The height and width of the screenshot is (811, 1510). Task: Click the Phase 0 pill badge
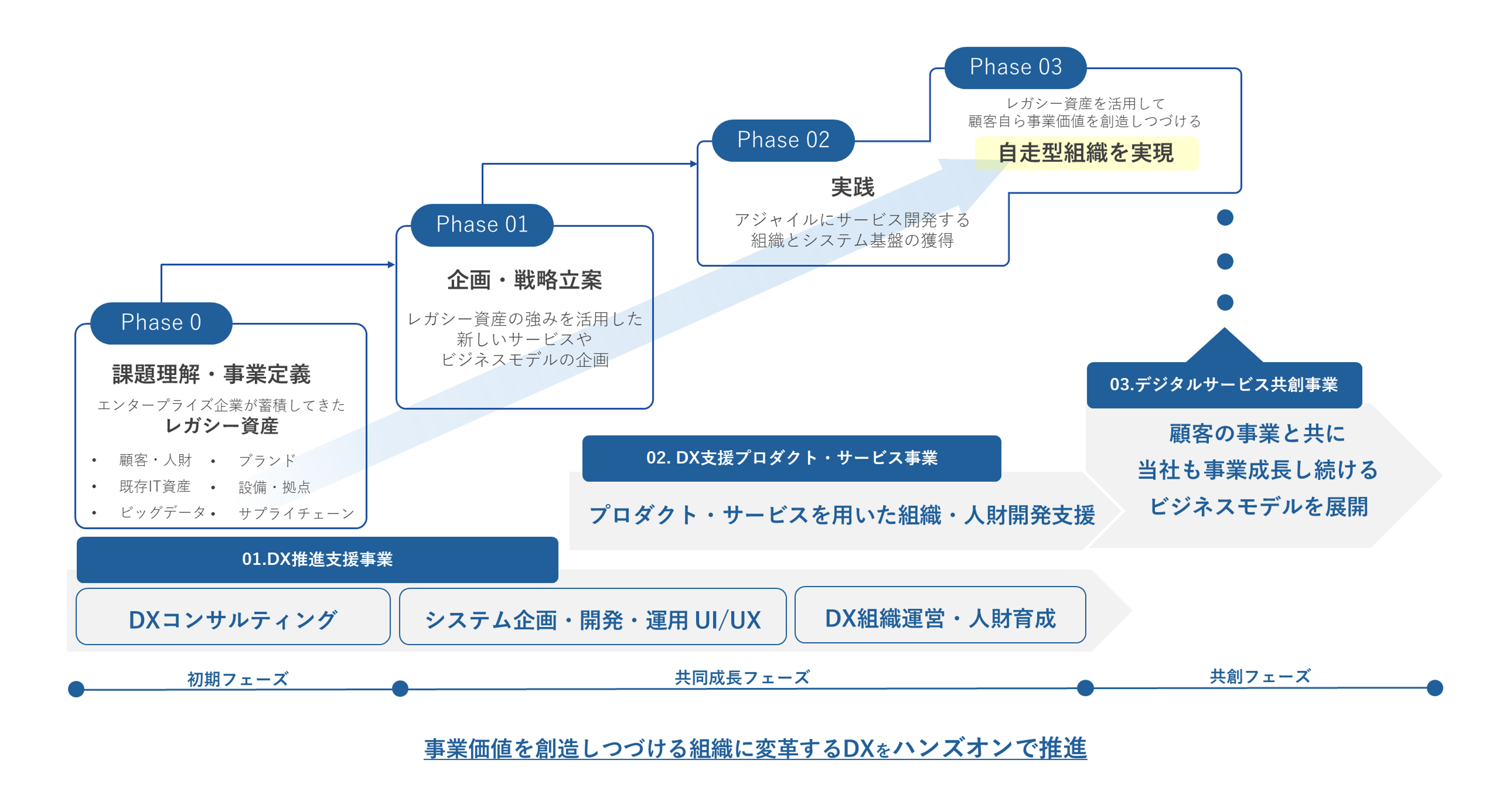[x=161, y=322]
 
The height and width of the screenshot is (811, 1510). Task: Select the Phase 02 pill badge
[x=783, y=140]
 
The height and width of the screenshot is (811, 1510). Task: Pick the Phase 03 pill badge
[x=1015, y=67]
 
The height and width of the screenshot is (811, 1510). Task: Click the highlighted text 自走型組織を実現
[x=1086, y=153]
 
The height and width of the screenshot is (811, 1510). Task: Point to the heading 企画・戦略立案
[x=525, y=280]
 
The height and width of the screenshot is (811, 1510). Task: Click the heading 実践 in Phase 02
[x=852, y=188]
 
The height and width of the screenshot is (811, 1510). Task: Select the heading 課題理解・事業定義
[x=211, y=374]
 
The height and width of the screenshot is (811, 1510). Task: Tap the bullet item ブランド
[x=267, y=460]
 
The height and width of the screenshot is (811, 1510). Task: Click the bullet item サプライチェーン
[x=296, y=514]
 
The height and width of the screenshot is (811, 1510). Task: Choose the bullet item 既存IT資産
[x=155, y=486]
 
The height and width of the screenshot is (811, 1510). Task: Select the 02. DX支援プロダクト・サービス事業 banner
[x=791, y=458]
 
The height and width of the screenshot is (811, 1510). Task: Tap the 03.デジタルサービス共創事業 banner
[x=1224, y=385]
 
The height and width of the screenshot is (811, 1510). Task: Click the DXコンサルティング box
[x=233, y=619]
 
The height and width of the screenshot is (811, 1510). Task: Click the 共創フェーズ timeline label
[x=1259, y=677]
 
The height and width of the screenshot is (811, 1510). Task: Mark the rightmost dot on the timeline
[x=1434, y=688]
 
